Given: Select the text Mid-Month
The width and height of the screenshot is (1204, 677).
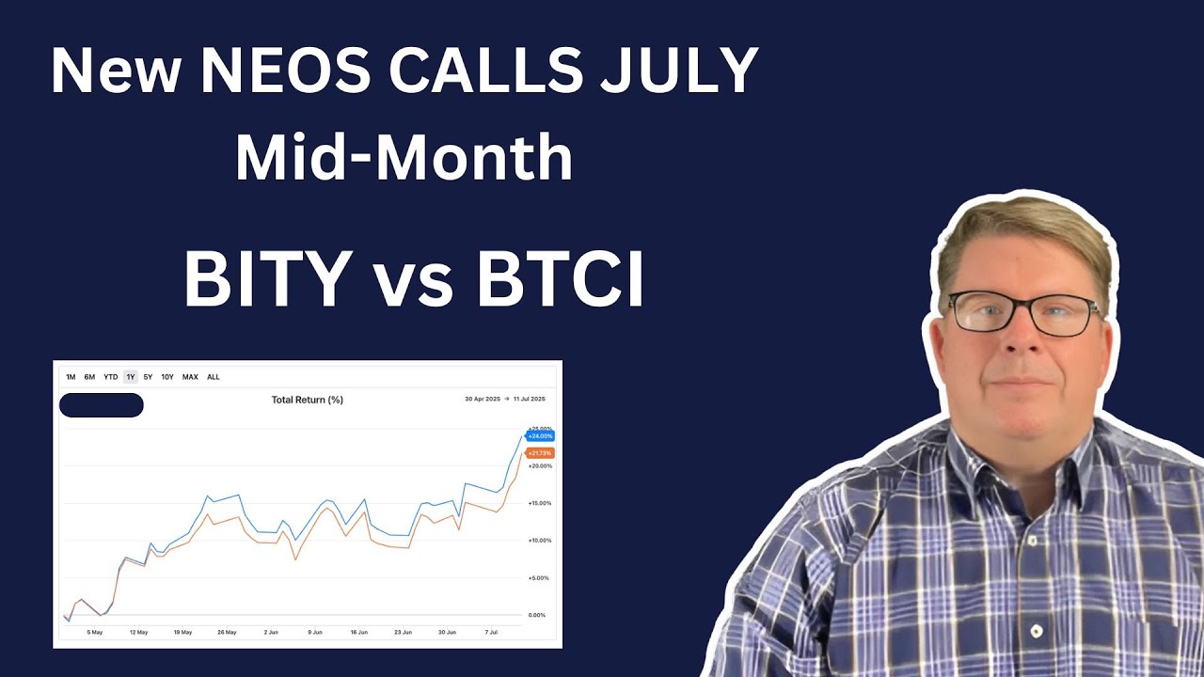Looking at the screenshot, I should click(404, 158).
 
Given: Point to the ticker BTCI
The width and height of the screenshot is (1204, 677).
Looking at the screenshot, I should click(561, 279).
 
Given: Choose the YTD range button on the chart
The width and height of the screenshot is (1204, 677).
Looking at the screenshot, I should click(110, 377).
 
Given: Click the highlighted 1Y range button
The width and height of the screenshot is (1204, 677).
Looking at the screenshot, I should click(131, 377).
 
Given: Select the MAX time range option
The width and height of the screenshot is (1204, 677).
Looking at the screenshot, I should click(190, 377).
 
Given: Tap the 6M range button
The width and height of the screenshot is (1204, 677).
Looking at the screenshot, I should click(89, 377).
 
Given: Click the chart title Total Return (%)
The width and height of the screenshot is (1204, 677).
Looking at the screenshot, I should click(307, 400).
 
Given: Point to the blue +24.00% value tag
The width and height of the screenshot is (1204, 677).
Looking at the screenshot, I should click(540, 436).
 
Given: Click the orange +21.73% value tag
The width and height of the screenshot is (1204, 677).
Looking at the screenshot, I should click(540, 453).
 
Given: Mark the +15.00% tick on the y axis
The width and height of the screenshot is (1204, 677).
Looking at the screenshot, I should click(539, 503).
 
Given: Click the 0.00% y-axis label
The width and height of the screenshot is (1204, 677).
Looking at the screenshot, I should click(536, 615).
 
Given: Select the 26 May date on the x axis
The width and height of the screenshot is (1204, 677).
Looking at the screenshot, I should click(227, 633).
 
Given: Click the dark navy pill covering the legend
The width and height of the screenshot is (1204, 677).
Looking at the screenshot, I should click(101, 405).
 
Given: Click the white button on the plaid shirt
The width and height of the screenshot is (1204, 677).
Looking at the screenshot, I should click(1036, 631).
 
